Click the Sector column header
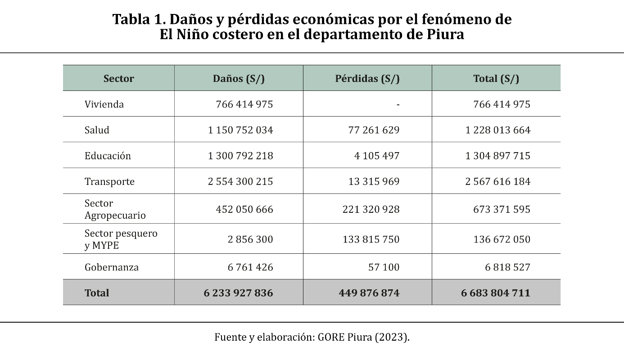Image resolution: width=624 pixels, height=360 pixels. (118, 78)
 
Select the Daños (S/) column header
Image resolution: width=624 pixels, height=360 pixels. (239, 78)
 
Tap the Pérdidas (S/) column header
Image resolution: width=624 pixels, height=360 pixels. (367, 78)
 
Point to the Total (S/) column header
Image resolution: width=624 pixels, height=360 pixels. (496, 78)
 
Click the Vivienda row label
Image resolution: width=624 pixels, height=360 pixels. (104, 104)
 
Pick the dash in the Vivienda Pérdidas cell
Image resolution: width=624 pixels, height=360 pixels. (398, 104)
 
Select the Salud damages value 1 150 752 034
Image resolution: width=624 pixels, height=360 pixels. (240, 130)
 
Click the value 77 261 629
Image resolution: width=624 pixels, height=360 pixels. (374, 130)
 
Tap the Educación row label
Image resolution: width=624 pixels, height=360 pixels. (108, 156)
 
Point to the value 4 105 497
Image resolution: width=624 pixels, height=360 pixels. (377, 156)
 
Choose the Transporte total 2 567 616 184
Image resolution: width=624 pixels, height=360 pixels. (498, 182)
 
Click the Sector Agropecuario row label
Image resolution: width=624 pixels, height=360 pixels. (115, 209)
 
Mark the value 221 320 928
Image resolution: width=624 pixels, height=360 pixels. (371, 209)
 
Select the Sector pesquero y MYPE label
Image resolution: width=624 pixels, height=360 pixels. (121, 239)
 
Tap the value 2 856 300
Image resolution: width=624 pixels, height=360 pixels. (250, 239)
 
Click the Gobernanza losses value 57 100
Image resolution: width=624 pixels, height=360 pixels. (384, 267)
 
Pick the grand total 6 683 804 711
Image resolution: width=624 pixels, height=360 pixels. (496, 293)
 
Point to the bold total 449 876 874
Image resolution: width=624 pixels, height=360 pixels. (369, 293)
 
